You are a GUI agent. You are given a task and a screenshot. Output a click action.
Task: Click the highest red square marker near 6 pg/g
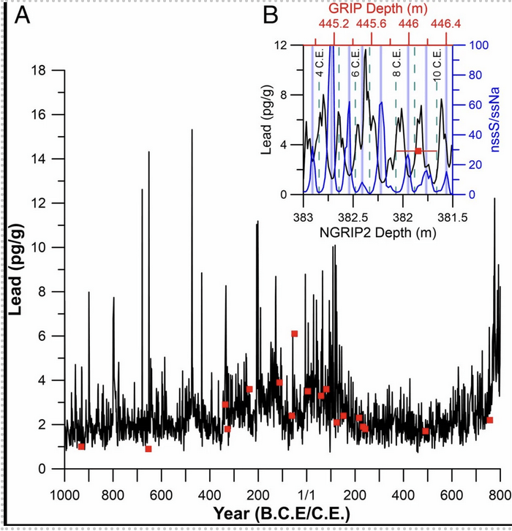(294, 334)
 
